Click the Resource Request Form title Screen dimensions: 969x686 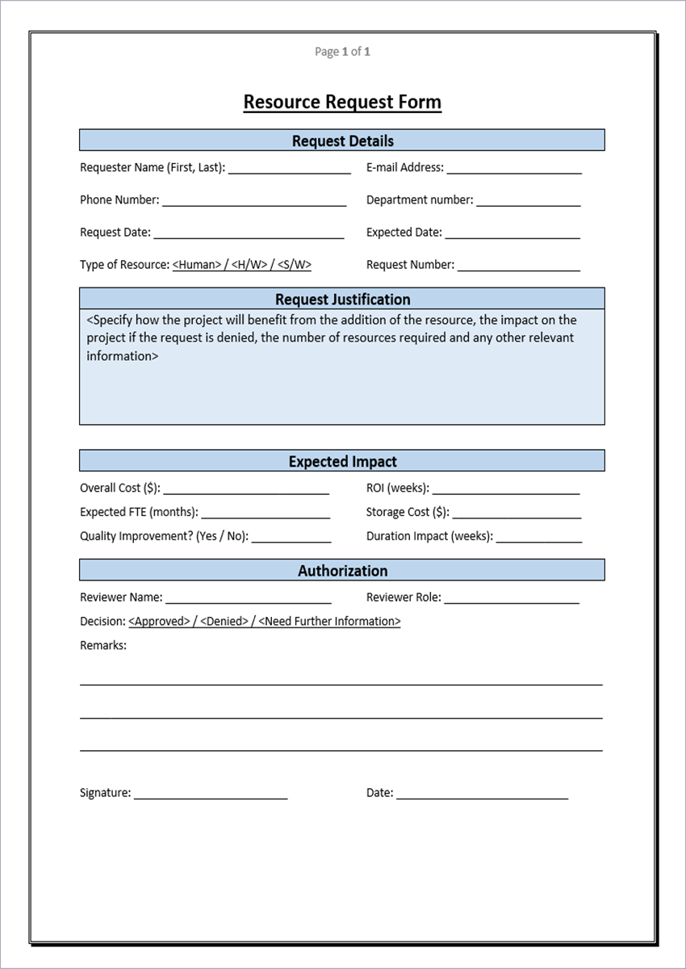(x=342, y=103)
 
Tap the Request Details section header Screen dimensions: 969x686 (x=342, y=141)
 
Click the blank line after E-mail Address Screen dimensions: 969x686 (x=514, y=170)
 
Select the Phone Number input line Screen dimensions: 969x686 (x=254, y=202)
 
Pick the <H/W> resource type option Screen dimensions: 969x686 (x=249, y=265)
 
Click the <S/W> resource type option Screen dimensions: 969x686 (x=295, y=265)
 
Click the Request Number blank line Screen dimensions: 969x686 (x=519, y=266)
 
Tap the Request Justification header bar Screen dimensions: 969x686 (x=342, y=299)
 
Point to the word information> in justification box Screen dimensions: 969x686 (x=123, y=356)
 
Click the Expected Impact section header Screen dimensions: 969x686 (x=342, y=462)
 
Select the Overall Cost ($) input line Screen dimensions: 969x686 (x=246, y=490)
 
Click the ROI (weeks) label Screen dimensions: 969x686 (x=397, y=489)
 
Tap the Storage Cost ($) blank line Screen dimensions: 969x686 (x=517, y=514)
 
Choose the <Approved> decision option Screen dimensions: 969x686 (x=159, y=622)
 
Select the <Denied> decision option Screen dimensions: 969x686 (x=223, y=622)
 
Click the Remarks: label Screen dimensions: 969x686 (x=102, y=645)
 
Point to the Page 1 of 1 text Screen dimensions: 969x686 (x=342, y=52)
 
